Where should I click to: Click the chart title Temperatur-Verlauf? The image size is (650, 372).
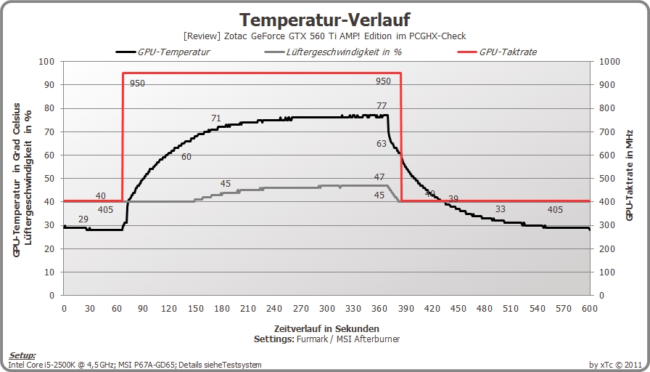pos(325,20)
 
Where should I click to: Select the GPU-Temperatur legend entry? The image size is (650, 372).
pos(162,52)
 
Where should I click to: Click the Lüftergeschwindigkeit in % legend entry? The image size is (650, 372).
pos(332,52)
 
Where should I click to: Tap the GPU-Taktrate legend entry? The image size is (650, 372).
pos(497,52)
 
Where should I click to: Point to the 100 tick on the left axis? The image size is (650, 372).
pos(46,62)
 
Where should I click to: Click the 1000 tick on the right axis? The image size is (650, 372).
pos(610,62)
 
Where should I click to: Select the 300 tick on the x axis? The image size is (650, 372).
pos(327,309)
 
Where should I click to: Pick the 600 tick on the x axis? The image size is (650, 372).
pos(590,309)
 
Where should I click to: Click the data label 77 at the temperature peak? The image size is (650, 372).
pos(382,105)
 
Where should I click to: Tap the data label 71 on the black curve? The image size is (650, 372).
pos(216,118)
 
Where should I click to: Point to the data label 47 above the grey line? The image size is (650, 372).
pos(379,177)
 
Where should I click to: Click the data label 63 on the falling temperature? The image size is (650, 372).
pos(382,144)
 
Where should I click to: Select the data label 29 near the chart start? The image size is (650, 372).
pos(83,219)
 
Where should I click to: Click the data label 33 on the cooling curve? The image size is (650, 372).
pos(501,209)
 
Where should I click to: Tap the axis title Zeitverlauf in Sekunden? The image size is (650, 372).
pos(326,329)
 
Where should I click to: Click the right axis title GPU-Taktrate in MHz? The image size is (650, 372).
pos(630,175)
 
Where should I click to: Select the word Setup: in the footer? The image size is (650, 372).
pos(22,355)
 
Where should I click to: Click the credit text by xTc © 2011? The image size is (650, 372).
pos(616,365)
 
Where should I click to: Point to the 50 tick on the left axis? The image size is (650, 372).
pos(49,179)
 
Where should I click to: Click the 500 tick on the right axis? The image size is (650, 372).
pos(607,179)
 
